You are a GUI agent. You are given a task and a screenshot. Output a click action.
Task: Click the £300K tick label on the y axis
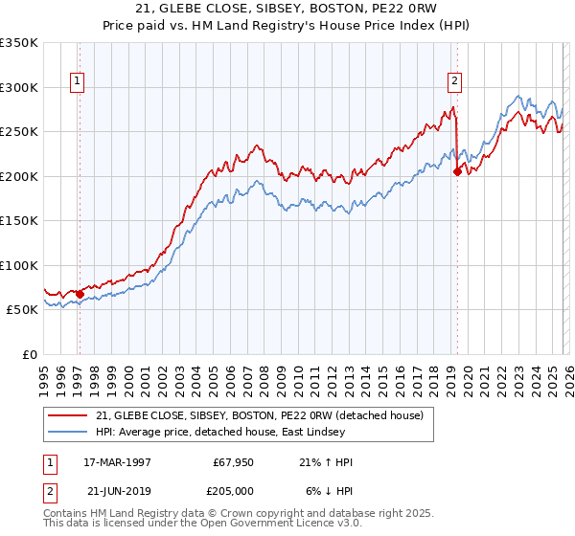click(19, 87)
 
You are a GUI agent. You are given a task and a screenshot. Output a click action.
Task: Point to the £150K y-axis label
click(19, 220)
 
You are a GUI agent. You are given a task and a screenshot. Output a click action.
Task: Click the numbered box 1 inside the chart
click(76, 82)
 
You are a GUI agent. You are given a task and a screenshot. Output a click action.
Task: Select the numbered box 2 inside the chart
click(454, 82)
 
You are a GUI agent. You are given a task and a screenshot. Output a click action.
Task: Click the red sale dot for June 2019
click(457, 172)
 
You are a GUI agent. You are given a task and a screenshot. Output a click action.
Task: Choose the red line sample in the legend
click(69, 414)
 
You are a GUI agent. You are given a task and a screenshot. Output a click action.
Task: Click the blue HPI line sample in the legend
click(69, 431)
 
